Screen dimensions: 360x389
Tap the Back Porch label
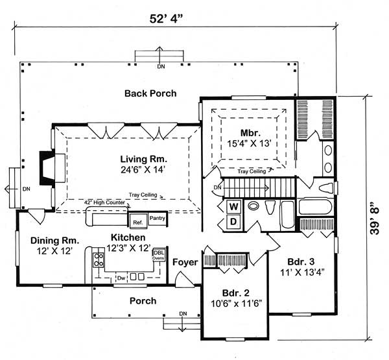150,93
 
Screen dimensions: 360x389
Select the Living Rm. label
143,158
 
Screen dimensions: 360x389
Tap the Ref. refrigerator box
137,222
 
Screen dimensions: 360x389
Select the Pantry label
158,219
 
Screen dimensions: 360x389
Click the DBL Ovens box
158,255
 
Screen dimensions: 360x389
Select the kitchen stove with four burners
99,261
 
